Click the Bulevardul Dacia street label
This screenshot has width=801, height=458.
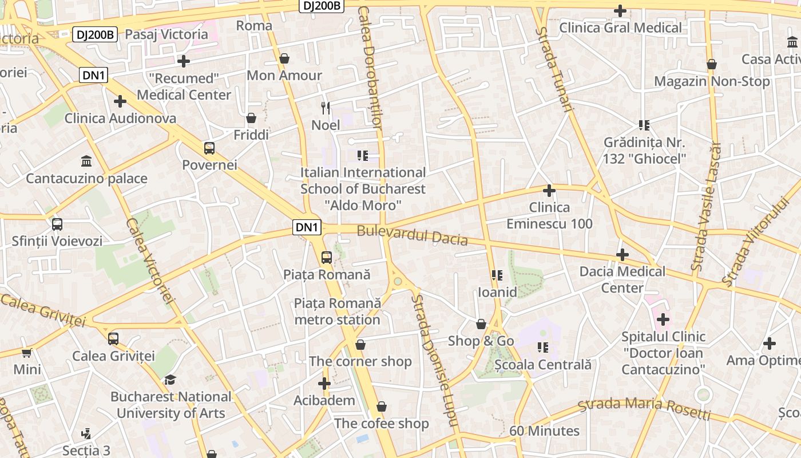pos(412,235)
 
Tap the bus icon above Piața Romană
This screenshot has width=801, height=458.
pos(327,258)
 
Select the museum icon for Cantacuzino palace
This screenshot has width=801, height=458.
pos(86,161)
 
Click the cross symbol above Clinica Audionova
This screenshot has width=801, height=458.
pos(120,101)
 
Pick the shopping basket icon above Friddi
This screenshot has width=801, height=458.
pos(251,118)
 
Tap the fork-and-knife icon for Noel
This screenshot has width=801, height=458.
pos(326,108)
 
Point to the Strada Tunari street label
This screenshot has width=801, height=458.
pos(554,69)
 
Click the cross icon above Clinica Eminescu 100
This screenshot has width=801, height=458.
pos(549,190)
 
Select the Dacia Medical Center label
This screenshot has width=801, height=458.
pos(622,279)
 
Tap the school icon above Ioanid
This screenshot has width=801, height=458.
pos(497,275)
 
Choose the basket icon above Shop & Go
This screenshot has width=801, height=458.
pos(481,324)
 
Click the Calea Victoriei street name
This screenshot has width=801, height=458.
pos(149,260)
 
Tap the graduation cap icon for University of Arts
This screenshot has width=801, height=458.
pos(170,380)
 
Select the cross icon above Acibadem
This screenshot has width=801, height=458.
pos(324,384)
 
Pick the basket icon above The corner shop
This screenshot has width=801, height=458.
pos(360,345)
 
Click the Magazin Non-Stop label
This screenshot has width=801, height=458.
pos(712,81)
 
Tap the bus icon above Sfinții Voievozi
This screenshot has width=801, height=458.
pos(57,224)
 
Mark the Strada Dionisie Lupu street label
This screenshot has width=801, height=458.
pos(434,361)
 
